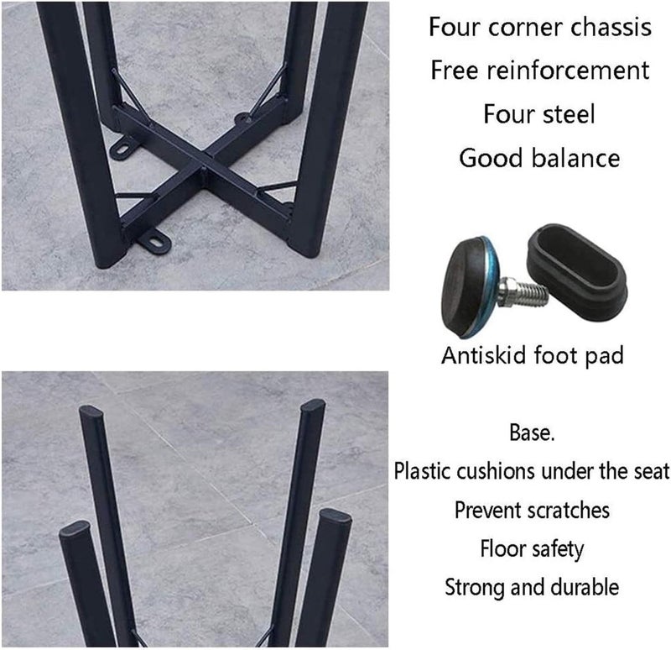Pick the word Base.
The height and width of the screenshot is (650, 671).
(x=532, y=434)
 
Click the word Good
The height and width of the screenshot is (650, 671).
(x=491, y=158)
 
